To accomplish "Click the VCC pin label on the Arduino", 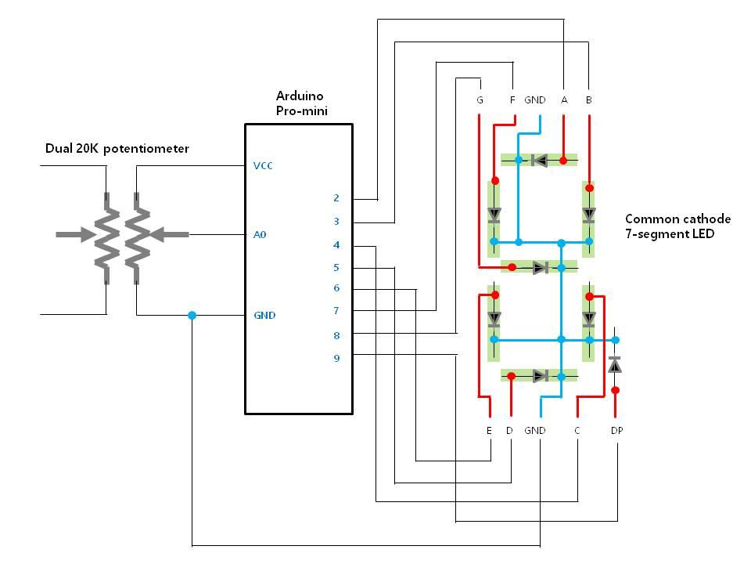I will [x=264, y=166].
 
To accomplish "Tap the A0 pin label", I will [x=261, y=234].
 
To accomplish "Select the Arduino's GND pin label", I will [x=264, y=316].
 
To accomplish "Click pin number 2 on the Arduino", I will [x=336, y=198].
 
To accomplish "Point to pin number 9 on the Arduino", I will [x=336, y=358].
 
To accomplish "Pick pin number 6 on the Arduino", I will [x=336, y=288].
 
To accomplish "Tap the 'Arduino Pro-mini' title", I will [x=301, y=103].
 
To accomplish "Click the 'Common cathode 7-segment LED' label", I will [x=677, y=226].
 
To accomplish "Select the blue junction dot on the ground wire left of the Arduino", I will [x=192, y=316].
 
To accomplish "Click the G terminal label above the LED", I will [x=480, y=100].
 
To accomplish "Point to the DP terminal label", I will [x=617, y=431].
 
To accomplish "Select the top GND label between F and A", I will [x=535, y=100].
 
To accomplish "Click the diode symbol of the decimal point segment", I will [x=615, y=365].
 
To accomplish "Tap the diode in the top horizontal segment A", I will [x=539, y=161].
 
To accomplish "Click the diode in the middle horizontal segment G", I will [x=539, y=268].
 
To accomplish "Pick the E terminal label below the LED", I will [x=489, y=431].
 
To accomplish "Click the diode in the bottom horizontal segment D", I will [x=539, y=376].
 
